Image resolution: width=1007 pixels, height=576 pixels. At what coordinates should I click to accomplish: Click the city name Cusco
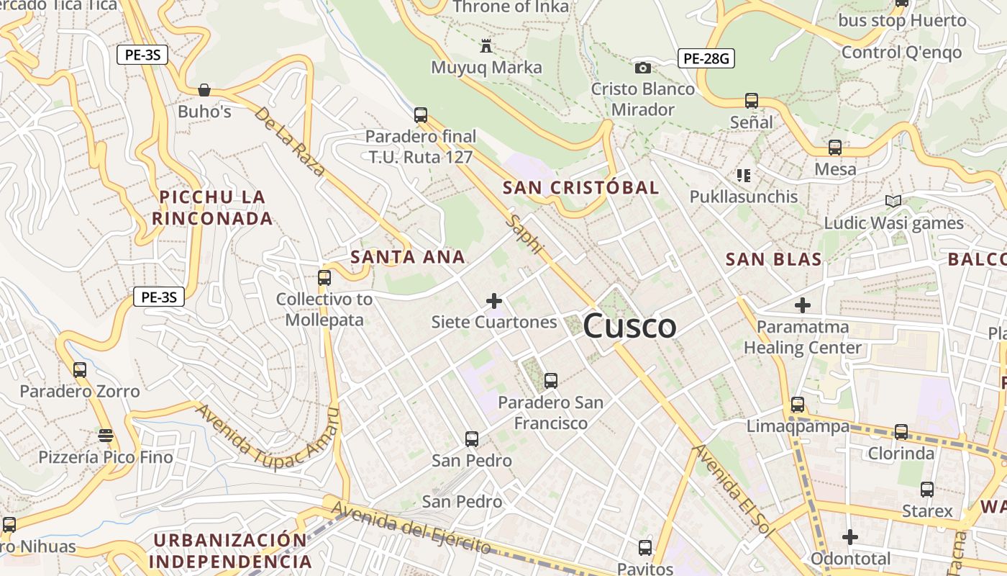(629, 326)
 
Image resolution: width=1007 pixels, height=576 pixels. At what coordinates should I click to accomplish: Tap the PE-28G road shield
(706, 58)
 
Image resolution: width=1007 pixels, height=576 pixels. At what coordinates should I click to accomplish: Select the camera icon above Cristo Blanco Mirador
(643, 68)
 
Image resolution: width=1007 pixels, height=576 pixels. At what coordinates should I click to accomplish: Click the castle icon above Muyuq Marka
(486, 47)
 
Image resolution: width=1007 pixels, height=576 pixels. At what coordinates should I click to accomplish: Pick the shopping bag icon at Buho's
(204, 90)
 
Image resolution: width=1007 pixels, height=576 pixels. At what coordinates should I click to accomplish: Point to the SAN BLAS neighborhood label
(773, 259)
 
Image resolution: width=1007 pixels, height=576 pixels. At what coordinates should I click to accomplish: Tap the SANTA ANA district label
(407, 257)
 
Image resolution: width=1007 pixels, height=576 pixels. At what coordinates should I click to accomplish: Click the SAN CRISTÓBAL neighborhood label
(580, 188)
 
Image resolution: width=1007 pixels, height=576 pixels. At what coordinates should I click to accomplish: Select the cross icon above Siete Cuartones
(494, 301)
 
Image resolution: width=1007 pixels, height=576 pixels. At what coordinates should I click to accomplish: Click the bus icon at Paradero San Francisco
(551, 380)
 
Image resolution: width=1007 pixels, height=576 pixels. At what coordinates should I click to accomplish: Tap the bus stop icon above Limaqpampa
(797, 405)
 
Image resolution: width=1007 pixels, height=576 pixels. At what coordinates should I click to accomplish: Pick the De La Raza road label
(289, 142)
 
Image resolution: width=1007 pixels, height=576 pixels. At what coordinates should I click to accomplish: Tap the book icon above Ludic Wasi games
(893, 202)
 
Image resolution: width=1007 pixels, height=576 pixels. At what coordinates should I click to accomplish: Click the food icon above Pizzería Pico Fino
(106, 436)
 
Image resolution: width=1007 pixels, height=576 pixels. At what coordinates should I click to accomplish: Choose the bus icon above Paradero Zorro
(80, 370)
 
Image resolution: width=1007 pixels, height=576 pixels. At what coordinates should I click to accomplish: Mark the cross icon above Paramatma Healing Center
(802, 305)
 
